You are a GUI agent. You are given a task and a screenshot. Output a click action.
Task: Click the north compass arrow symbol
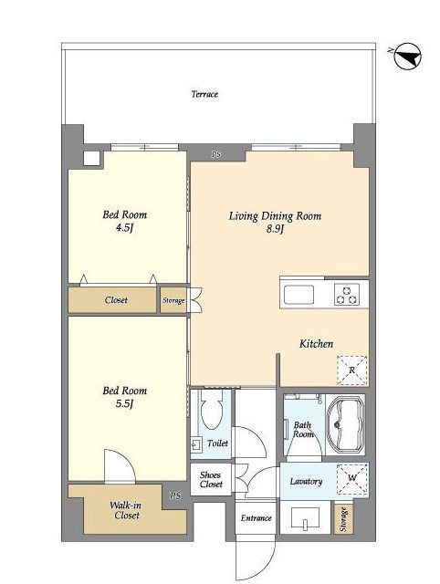point(407,57)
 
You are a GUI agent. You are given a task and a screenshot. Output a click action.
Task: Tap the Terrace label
point(204,94)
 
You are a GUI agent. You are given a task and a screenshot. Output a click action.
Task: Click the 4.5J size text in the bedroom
point(124,228)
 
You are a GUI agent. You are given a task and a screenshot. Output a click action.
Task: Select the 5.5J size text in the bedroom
point(124,403)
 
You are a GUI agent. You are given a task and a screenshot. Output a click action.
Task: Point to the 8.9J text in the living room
point(275,229)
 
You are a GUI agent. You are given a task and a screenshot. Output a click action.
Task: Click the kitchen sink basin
point(299,295)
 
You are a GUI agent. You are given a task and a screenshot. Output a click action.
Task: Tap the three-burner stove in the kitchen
point(347,295)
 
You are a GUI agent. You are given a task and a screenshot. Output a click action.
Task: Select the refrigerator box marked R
point(352,370)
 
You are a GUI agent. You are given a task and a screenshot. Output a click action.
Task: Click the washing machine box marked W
point(352,478)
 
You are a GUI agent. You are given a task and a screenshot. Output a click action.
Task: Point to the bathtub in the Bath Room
point(345,424)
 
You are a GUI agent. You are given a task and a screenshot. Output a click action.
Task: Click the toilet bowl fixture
point(211,410)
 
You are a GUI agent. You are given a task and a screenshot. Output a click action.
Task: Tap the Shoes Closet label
point(211,480)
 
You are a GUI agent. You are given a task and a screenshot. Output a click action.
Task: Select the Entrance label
point(256,518)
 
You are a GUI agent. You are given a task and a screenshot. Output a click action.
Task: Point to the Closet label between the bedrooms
point(116,300)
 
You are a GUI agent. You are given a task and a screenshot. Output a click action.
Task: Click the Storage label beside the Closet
point(173,300)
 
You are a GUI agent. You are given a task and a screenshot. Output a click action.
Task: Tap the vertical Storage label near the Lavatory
point(343,519)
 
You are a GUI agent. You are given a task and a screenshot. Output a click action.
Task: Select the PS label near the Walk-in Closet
point(175,495)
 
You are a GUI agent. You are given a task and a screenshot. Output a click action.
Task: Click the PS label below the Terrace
point(216,154)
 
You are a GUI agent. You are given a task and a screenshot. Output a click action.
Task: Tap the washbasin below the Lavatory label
point(306,517)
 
